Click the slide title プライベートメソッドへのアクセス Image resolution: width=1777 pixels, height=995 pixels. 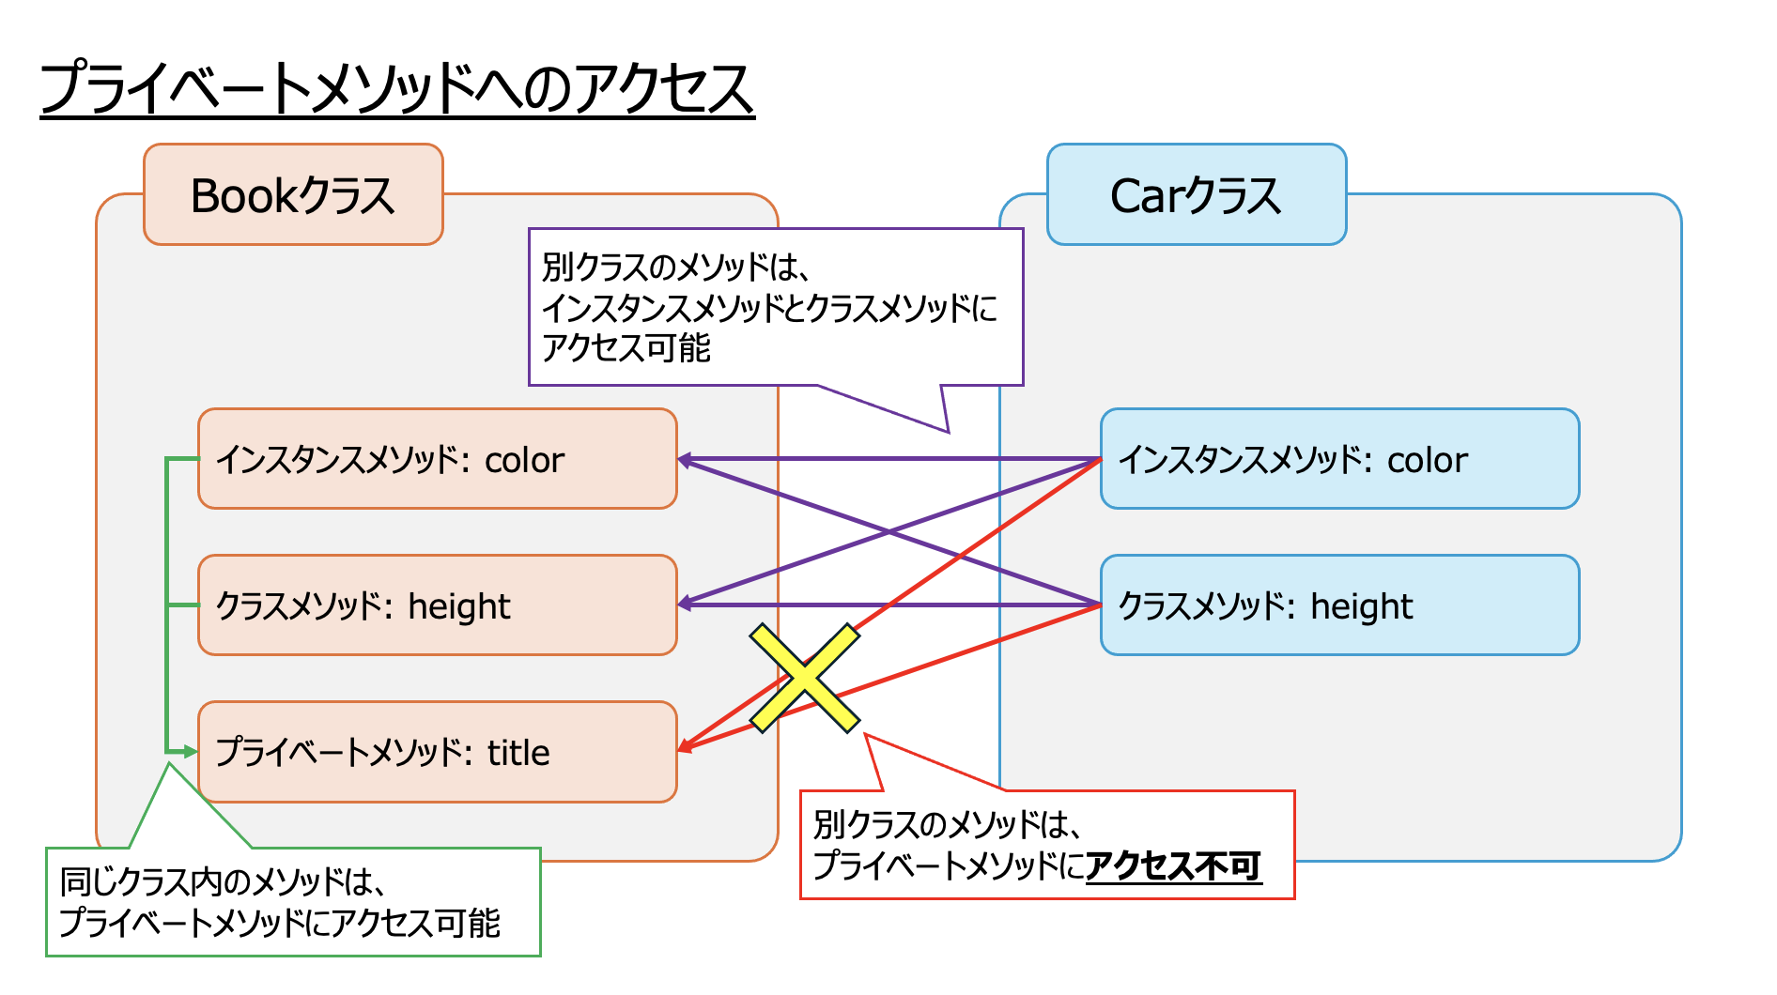point(396,89)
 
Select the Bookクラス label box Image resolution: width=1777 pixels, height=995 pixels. point(293,195)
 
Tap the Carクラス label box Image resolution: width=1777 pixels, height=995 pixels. point(1196,195)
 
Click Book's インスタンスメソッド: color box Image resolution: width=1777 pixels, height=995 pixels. point(437,459)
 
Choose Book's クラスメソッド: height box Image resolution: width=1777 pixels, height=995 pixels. point(437,605)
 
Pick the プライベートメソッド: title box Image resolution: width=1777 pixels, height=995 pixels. point(437,752)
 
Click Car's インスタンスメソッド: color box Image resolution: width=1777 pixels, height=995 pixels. point(1339,459)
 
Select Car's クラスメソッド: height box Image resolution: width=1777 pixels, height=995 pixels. point(1339,605)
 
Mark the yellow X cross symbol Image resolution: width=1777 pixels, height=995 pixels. point(804,678)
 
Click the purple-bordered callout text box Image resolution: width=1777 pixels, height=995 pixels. point(775,307)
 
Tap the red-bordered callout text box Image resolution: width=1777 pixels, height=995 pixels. point(1046,845)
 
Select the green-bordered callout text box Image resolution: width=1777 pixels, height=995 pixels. point(293,902)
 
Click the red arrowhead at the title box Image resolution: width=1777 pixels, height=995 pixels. point(686,747)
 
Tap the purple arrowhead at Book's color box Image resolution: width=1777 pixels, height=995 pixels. point(686,460)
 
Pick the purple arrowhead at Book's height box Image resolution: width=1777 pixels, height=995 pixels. point(686,604)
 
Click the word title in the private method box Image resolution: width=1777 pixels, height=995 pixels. point(518,753)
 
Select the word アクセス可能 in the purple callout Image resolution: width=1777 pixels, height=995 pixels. point(626,348)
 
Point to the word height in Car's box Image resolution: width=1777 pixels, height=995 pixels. point(1361,607)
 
